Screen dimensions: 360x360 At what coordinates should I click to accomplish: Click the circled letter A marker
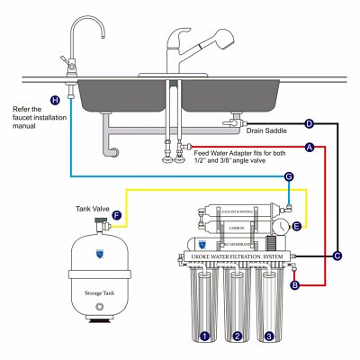point(310,147)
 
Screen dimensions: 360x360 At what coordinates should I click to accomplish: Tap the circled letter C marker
point(337,256)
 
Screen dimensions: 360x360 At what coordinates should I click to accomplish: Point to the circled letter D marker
point(309,123)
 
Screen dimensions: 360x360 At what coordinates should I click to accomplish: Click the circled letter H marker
point(56,100)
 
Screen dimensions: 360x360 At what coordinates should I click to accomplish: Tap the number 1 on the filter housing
point(205,336)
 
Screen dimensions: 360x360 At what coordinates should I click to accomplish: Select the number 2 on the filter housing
point(238,336)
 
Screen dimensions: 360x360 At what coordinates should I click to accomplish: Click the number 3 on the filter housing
point(269,336)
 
